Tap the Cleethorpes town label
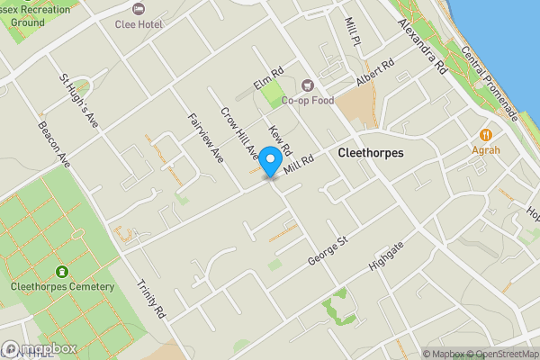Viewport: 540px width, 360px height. [371, 154]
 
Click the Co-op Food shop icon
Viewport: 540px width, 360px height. [307, 85]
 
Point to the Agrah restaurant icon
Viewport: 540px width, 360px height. [486, 133]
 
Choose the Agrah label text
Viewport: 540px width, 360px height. [486, 150]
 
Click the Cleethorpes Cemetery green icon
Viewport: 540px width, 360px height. [61, 271]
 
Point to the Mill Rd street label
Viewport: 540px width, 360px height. [299, 164]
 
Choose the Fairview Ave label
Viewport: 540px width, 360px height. [205, 137]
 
